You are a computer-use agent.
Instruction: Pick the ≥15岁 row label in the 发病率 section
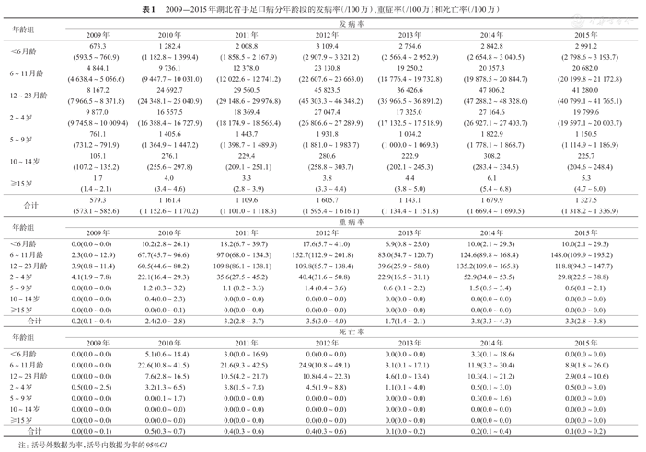click(28, 182)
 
